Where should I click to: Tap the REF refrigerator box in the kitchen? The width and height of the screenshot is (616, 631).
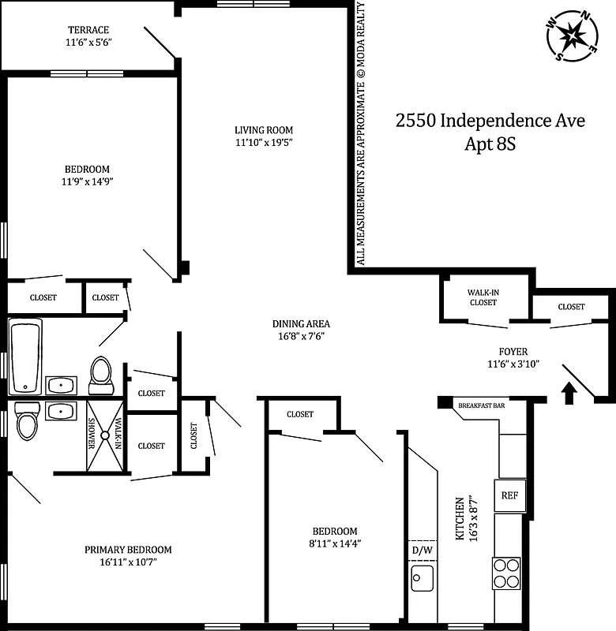(509, 495)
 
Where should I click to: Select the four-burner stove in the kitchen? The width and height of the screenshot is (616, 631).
(506, 573)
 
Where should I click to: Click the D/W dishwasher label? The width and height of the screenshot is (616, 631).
(421, 549)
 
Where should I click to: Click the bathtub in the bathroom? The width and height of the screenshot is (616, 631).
(26, 356)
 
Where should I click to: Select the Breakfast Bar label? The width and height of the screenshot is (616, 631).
(482, 405)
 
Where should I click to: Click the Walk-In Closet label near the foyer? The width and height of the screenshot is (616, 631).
(483, 297)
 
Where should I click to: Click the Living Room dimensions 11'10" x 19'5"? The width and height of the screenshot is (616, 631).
(264, 143)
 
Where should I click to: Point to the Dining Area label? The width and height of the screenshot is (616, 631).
(301, 323)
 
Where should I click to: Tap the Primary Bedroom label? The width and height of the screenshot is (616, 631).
(128, 550)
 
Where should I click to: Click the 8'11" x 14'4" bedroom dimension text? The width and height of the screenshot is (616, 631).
(335, 543)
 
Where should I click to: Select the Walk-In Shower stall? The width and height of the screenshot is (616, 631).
(106, 434)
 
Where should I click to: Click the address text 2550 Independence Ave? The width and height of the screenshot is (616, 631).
(490, 121)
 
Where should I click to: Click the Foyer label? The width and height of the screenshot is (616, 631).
(513, 352)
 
